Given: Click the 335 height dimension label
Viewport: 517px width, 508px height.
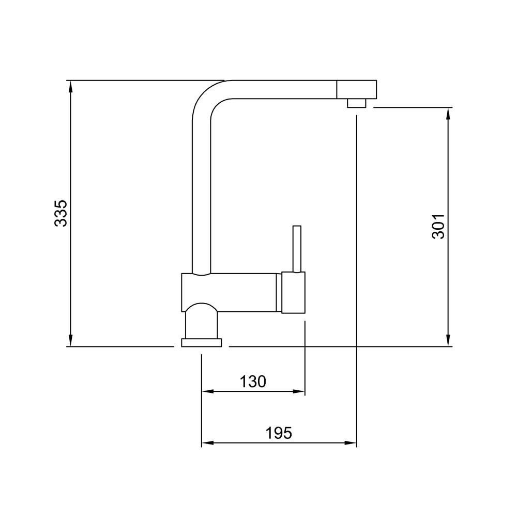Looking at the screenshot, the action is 60,213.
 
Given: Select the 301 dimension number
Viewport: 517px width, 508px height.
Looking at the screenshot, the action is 438,227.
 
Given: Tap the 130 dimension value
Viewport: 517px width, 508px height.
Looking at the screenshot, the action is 253,382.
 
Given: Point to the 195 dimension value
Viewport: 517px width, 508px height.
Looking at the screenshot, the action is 279,433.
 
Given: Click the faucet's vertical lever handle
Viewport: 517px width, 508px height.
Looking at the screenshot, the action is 297,249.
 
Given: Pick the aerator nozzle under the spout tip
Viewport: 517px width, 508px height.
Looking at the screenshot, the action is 356,103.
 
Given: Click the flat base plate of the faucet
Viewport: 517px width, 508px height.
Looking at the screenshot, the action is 202,343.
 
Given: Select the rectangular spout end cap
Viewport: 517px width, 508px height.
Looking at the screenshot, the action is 356,89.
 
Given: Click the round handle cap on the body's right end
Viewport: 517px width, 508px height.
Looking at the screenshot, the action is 293,292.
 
